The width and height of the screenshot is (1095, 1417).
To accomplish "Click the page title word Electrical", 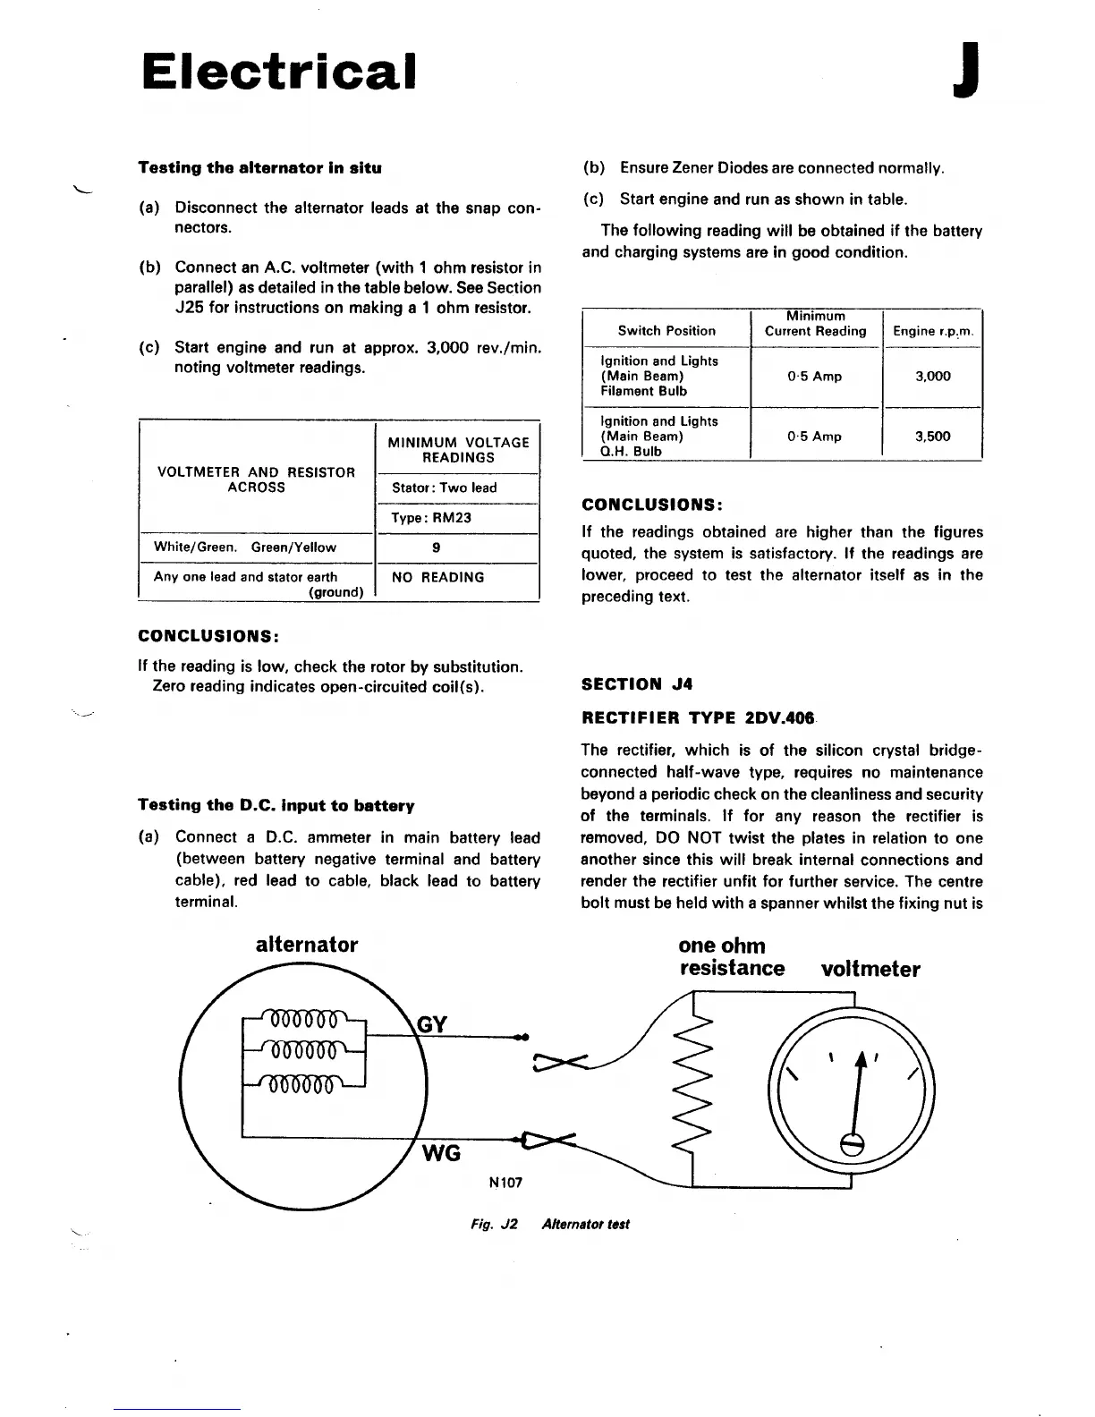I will click(x=279, y=72).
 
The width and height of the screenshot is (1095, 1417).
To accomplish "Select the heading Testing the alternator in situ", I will click(x=259, y=168).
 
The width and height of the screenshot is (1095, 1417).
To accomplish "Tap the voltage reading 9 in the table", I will click(x=436, y=547).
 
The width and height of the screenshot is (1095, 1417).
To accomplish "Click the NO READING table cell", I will click(x=437, y=578).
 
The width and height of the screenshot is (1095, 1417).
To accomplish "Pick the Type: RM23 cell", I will click(x=431, y=518).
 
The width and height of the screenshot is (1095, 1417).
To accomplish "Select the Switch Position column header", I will click(x=666, y=331).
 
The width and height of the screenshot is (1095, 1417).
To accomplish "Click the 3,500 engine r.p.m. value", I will click(x=932, y=437).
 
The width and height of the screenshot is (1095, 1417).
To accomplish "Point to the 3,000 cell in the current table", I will click(x=932, y=377).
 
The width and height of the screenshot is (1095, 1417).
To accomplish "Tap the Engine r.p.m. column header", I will click(x=932, y=331).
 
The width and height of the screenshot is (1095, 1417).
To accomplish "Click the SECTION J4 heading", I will click(x=637, y=685).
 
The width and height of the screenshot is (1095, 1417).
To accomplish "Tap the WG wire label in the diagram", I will click(x=441, y=1153).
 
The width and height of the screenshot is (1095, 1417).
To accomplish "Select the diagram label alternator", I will click(x=307, y=945).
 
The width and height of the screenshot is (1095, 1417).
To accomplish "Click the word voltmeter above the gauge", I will click(x=870, y=970).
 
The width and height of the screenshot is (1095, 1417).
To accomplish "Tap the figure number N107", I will click(x=505, y=1183).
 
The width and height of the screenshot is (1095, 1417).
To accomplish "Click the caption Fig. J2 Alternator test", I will click(x=549, y=1225).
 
